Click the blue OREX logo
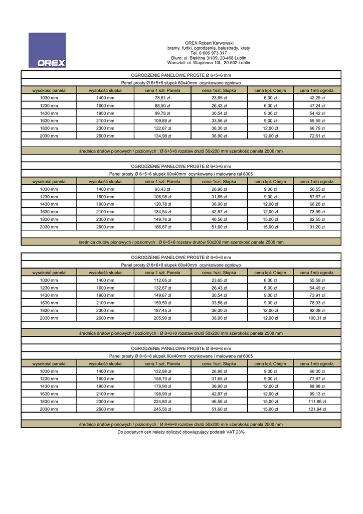pos(47,50)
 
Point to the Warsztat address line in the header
pos(209,63)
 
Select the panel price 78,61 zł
pos(162,98)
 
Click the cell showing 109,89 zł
pos(162,120)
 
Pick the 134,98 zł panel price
pos(162,136)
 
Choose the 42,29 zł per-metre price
pos(317,98)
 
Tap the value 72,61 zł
pos(317,136)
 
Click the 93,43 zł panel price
pos(162,189)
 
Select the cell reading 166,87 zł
pos(162,227)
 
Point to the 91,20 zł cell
pos(317,227)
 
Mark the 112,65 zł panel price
pos(162,280)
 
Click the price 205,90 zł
pos(162,318)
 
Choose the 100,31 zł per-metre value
pos(317,318)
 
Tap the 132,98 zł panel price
pos(162,371)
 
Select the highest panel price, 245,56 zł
pos(162,409)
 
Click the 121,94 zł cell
pos(317,409)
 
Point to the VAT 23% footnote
pos(181,432)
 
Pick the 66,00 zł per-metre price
pos(317,371)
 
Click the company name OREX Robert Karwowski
pos(209,43)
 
